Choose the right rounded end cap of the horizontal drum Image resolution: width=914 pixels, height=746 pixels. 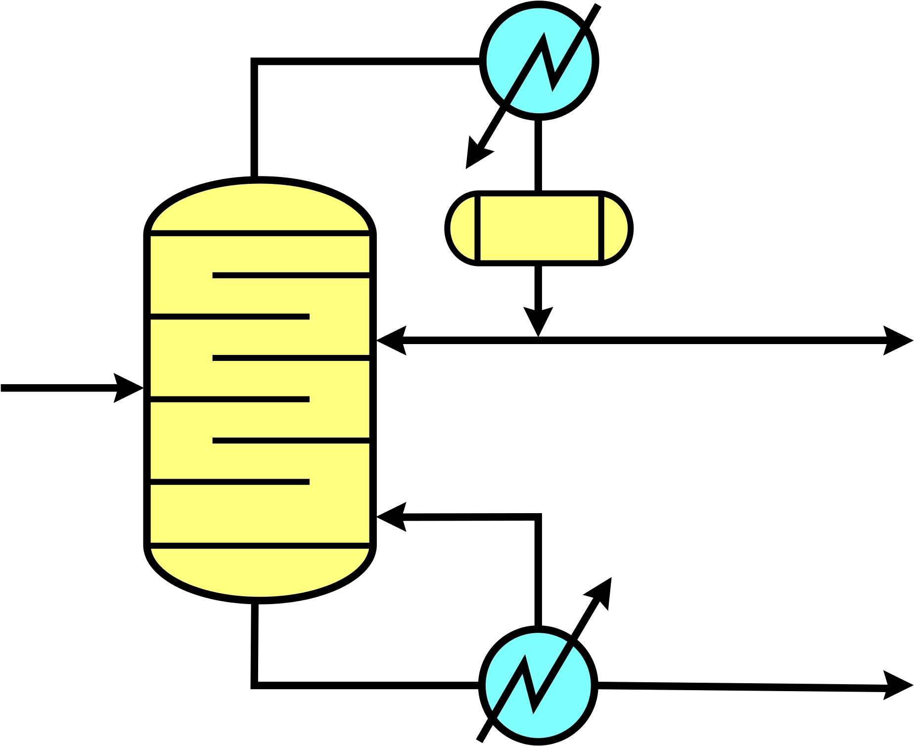coord(615,228)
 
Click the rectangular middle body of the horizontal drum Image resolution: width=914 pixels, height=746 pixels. coord(539,228)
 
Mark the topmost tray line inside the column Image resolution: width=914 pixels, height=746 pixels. coord(291,275)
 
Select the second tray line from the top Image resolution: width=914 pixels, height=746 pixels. coord(230,316)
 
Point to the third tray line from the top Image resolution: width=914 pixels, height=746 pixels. coord(291,358)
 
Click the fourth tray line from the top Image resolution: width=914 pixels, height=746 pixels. coord(230,399)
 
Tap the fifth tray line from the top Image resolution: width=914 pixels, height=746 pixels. coord(291,440)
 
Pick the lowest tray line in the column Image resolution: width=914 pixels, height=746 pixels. coord(230,482)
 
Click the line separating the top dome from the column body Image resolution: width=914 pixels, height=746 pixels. coord(260,233)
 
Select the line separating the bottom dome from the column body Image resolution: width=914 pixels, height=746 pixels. coord(260,546)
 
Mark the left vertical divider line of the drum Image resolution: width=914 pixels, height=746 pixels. coord(478,228)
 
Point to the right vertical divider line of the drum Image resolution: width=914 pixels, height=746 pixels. coord(601,228)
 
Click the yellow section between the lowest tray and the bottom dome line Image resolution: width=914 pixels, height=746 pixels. coord(260,514)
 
